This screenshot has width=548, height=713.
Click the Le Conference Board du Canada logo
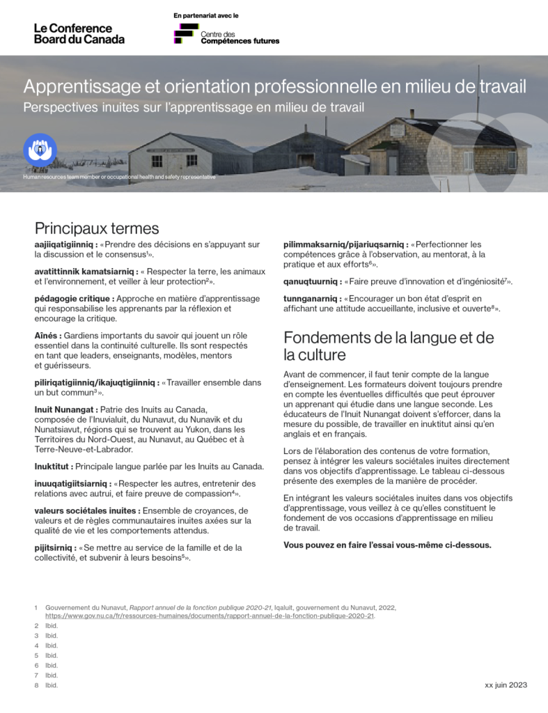point(79,33)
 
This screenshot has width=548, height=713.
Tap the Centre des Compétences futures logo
point(226,35)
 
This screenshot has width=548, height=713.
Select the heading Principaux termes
point(97,228)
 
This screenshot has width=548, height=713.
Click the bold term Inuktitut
point(53,466)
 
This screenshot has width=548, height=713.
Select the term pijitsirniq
point(54,548)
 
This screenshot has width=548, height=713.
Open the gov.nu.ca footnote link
point(210,616)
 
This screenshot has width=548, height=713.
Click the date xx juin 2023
point(506,685)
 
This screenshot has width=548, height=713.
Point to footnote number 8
point(36,685)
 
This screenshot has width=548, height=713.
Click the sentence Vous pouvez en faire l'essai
point(387,544)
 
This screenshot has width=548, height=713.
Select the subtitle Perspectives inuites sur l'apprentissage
point(194,107)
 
